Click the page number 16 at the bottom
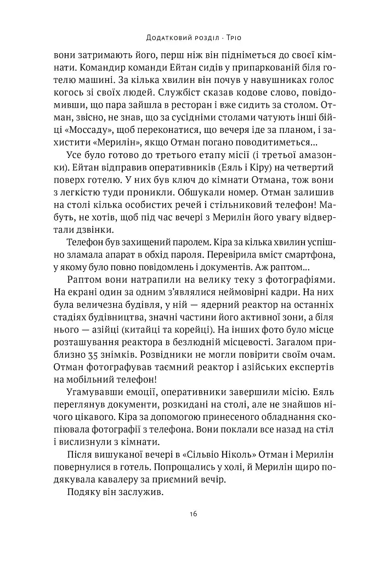[x=187, y=514]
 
